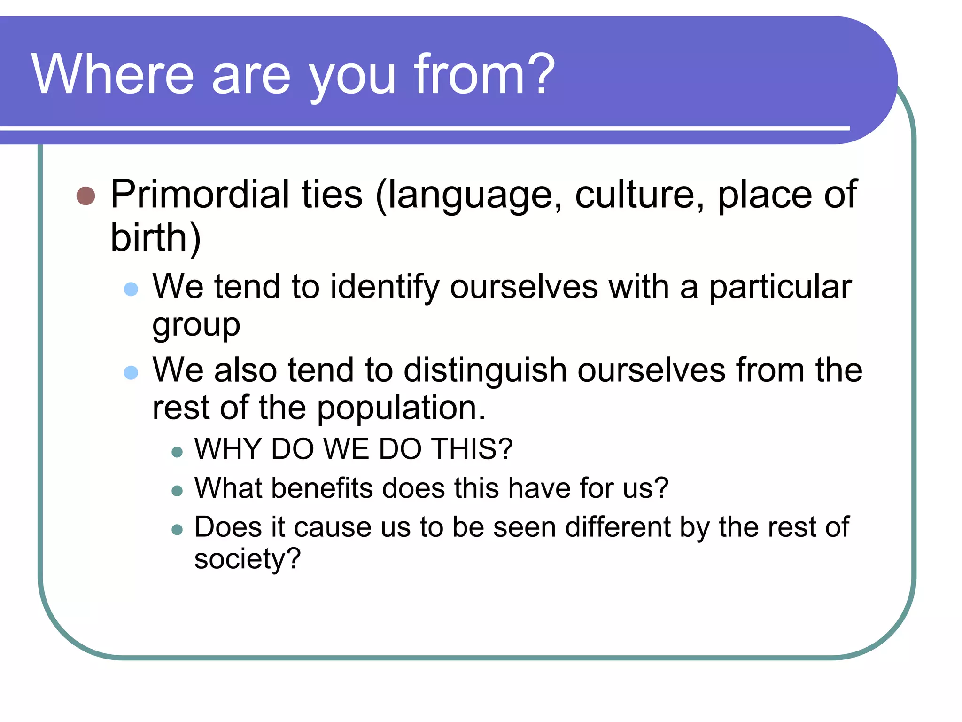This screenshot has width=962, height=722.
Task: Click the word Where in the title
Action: (113, 74)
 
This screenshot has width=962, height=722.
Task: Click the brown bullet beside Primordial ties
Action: (85, 196)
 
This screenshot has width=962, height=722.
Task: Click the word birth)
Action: (155, 237)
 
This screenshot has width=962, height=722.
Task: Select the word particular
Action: (780, 287)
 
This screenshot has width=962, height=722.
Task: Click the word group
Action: (196, 326)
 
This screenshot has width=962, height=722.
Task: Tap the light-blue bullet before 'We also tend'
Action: (131, 372)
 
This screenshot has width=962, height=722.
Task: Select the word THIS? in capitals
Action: (472, 449)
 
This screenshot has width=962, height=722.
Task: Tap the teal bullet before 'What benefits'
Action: (177, 491)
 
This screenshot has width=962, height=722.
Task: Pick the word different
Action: (617, 527)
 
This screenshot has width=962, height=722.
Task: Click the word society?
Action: (247, 559)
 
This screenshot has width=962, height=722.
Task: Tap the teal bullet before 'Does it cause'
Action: (177, 530)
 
